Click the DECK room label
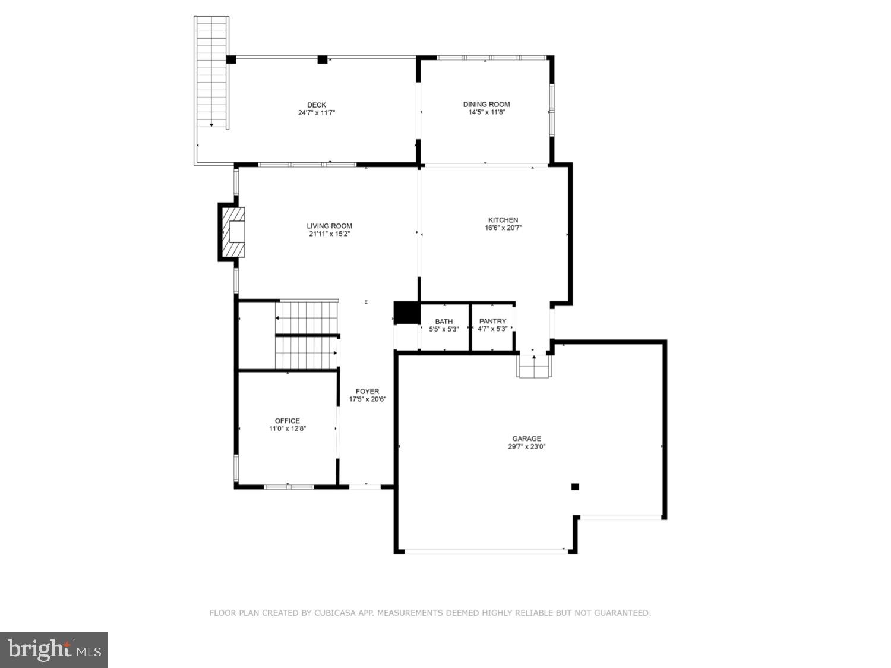(317, 105)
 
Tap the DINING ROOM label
(486, 104)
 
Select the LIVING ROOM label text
(329, 226)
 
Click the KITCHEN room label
(503, 220)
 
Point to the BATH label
(444, 322)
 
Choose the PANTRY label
(492, 321)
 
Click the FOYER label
(367, 391)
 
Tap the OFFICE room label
(287, 421)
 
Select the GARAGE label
(526, 439)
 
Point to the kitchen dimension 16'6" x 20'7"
(503, 228)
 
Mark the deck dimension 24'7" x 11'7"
(317, 112)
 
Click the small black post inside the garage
(574, 487)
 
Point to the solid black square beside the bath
(406, 313)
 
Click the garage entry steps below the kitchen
(534, 366)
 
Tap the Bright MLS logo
(54, 650)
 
